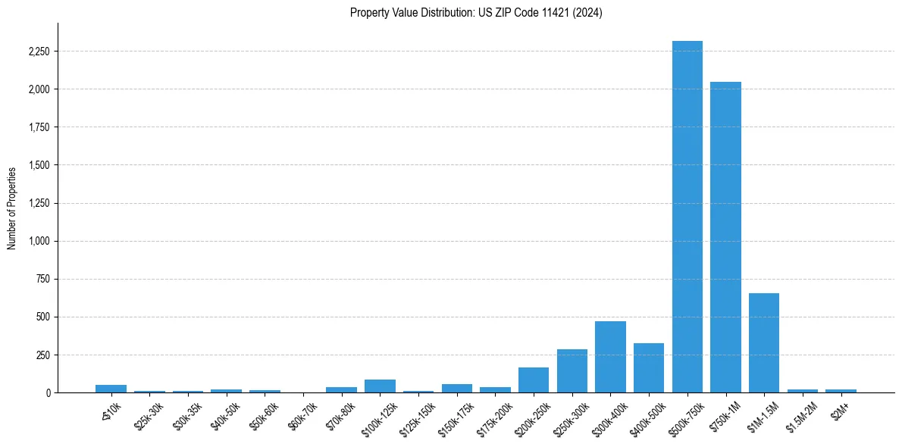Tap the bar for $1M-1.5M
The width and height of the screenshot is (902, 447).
pos(763,342)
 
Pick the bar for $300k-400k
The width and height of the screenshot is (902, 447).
pos(610,357)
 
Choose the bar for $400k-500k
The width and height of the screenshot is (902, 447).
pos(649,367)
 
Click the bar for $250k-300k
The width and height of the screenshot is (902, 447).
pos(572,370)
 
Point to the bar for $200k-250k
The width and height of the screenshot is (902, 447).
pos(534,380)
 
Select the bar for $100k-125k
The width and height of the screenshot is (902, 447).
pos(380,386)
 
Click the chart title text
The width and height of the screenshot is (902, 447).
pos(476,13)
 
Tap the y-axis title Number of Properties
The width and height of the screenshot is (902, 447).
pos(12,208)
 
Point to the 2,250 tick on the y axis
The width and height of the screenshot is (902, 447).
pos(38,52)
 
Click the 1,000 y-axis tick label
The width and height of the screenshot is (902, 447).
pos(38,241)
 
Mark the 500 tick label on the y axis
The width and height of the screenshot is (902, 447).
pos(42,317)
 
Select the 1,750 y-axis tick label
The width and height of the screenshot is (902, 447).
pos(38,127)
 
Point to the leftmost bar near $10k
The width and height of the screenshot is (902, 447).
pos(111,389)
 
